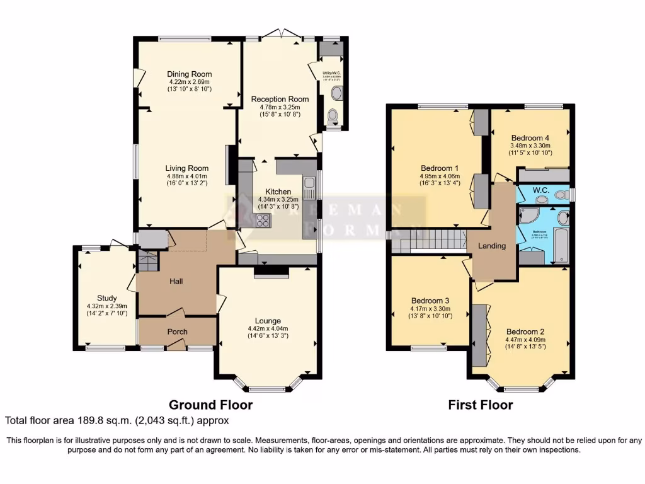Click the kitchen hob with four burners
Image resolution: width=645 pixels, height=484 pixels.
click(263, 220)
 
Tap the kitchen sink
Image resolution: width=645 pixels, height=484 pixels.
click(309, 187)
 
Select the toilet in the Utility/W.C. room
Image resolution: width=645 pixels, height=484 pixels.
click(333, 115)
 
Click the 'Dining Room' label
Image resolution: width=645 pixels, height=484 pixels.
click(190, 74)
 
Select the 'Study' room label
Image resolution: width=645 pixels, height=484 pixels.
click(107, 298)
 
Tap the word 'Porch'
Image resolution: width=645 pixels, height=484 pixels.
click(177, 331)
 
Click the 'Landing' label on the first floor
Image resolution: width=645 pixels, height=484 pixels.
click(492, 246)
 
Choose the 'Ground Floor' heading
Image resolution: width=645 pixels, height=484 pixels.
click(210, 405)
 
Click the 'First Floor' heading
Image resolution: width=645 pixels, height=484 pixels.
click(480, 405)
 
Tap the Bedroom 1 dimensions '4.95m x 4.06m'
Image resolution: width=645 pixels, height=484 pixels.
click(438, 176)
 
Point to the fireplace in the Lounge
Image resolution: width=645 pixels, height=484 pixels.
click(271, 272)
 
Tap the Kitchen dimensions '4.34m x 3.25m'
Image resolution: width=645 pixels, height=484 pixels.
click(277, 199)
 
